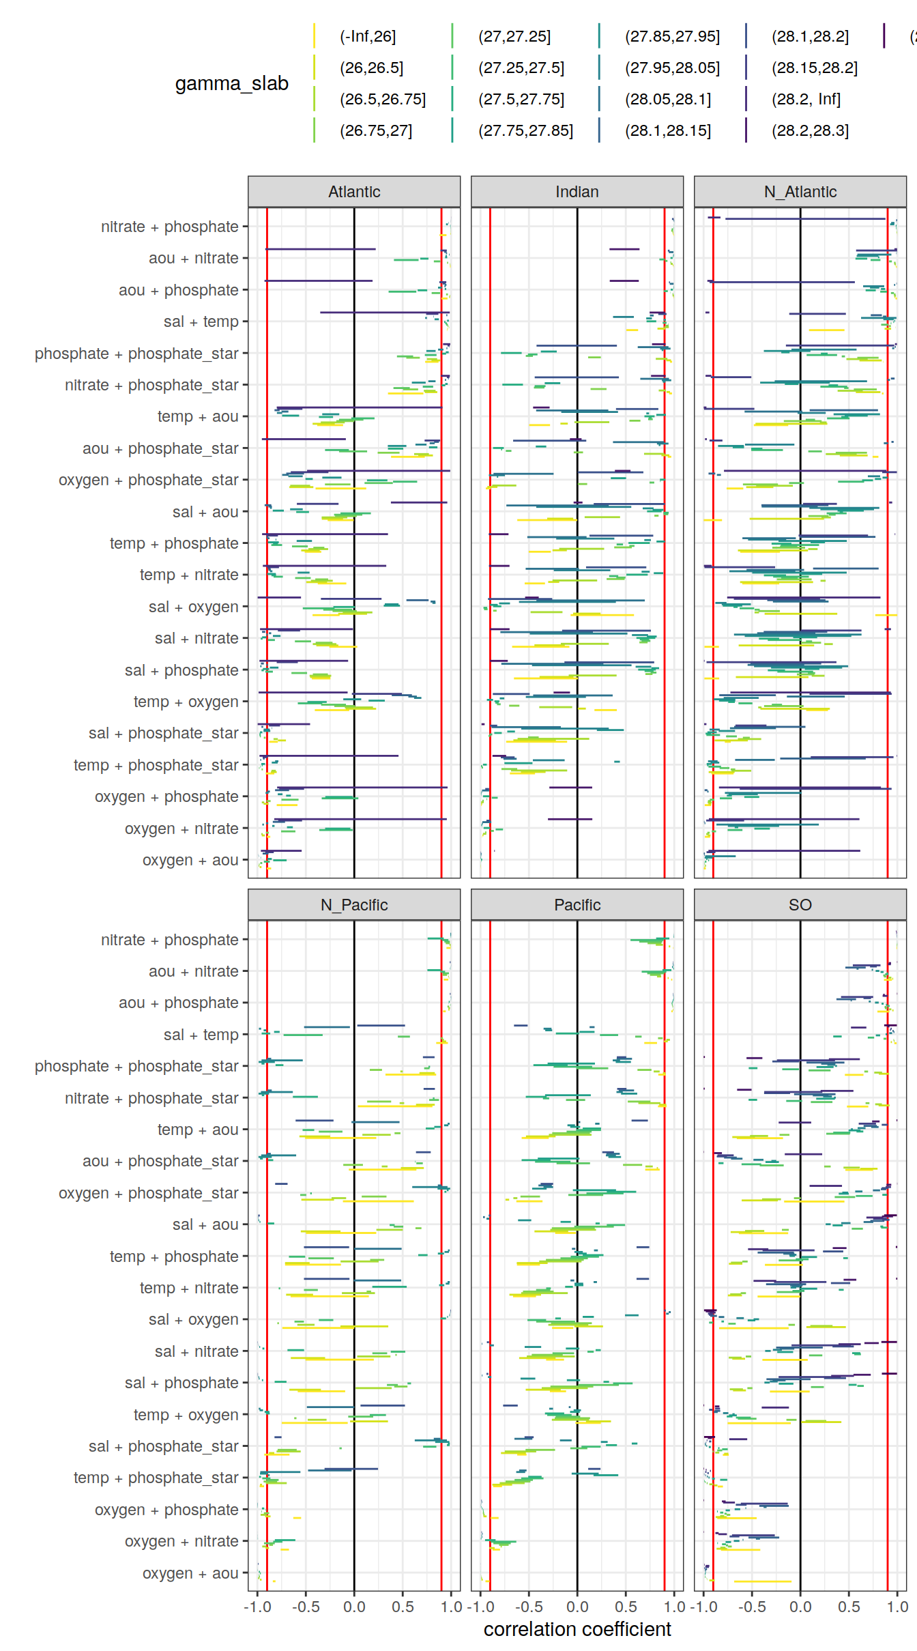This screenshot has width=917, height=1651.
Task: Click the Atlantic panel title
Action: [354, 192]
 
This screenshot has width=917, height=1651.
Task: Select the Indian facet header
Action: [577, 192]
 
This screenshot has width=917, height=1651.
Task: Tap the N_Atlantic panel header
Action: [800, 192]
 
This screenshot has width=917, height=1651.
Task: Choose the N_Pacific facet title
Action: [354, 905]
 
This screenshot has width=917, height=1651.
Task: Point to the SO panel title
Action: [800, 905]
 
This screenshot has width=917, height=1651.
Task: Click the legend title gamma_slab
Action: [231, 83]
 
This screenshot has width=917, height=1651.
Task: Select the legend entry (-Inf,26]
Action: [368, 36]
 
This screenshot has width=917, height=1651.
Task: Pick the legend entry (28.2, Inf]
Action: [806, 99]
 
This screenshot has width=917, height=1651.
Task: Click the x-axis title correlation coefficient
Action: [577, 1629]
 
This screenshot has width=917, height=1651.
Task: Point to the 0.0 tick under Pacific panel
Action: [577, 1607]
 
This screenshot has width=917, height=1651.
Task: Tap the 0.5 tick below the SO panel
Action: [849, 1607]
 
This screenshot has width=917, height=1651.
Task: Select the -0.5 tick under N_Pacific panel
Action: [306, 1607]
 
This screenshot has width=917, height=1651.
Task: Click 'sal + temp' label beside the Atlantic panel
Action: [201, 321]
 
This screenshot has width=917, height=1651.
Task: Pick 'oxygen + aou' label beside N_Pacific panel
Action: [190, 1573]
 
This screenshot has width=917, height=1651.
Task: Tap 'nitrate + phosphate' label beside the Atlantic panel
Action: [169, 227]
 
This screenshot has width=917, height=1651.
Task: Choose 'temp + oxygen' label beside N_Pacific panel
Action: [186, 1415]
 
